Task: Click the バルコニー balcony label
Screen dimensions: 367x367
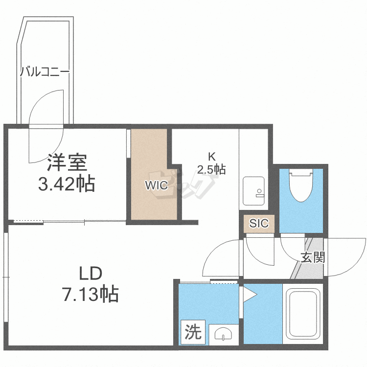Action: (x=45, y=73)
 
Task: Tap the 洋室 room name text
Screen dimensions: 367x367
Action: (x=67, y=162)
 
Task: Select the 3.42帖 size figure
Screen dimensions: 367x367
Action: (x=67, y=184)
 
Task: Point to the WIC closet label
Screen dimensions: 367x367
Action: (x=155, y=185)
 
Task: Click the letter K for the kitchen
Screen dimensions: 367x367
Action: (x=212, y=157)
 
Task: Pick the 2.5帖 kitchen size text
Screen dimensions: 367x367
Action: (x=211, y=170)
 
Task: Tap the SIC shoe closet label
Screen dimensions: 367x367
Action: (x=259, y=224)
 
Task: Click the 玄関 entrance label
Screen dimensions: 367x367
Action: (x=313, y=257)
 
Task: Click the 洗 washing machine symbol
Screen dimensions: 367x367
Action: (x=193, y=333)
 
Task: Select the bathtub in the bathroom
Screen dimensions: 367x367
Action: (x=302, y=313)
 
